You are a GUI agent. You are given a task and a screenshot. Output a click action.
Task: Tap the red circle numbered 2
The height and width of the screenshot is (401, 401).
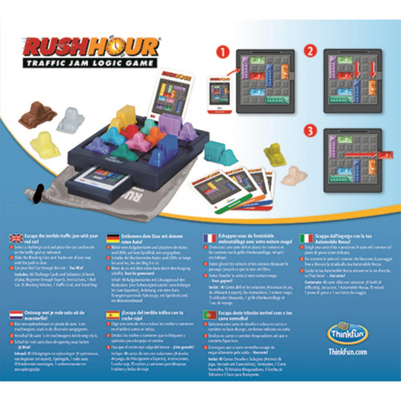point(310,51)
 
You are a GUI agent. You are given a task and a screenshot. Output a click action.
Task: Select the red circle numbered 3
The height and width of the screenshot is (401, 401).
point(310,131)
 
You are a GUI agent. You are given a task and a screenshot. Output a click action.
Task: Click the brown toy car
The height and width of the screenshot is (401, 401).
point(37,115)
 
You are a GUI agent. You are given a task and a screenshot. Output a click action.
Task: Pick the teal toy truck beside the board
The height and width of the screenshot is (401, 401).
point(221,153)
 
